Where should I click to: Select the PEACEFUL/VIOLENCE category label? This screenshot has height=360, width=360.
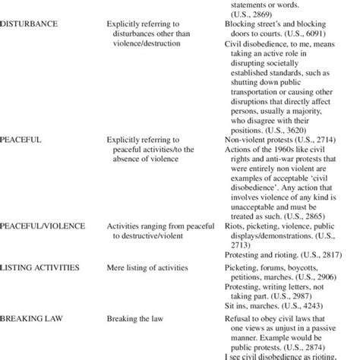pyautogui.click(x=43, y=226)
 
